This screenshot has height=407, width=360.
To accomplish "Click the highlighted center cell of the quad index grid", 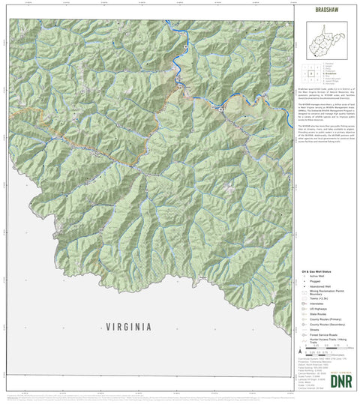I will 309,73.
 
